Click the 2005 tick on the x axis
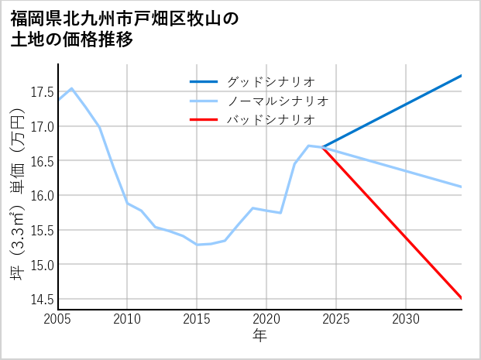coord(58,319)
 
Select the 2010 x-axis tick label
coord(127,319)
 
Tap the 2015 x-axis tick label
coord(197,319)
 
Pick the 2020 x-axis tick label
coord(266,319)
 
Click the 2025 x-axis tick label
coord(336,319)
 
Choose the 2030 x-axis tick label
coord(406,319)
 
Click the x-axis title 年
coord(259,335)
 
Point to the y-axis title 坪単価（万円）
coord(17,187)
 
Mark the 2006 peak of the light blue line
coord(71,88)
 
